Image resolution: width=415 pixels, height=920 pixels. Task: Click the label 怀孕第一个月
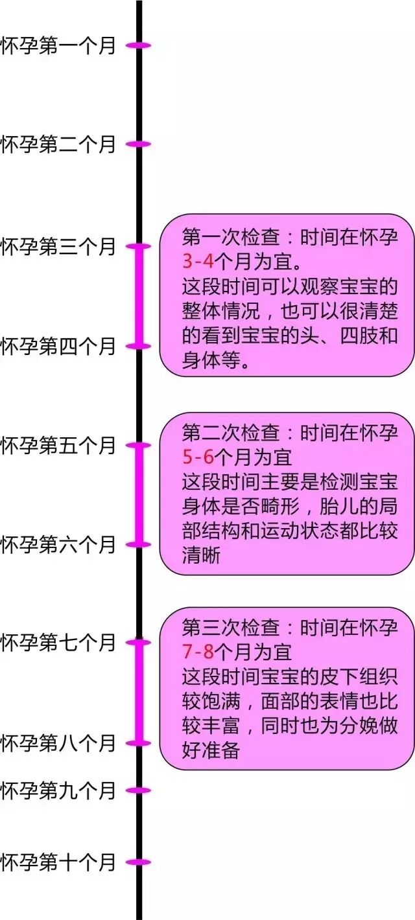tap(58, 46)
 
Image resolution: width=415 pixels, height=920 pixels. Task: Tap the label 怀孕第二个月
tap(58, 144)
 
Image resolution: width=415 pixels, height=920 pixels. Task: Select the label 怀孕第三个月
tap(58, 247)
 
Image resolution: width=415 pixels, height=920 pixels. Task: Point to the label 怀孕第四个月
tap(58, 346)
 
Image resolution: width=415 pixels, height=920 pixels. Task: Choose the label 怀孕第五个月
tap(58, 446)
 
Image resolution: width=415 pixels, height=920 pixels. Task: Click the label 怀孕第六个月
tap(58, 545)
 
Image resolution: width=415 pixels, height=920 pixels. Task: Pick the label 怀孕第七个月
tap(58, 643)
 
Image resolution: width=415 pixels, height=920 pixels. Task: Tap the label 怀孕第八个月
tap(58, 742)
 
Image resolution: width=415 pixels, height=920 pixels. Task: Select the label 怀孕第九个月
tap(58, 790)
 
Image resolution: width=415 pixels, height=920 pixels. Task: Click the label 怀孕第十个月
tap(58, 862)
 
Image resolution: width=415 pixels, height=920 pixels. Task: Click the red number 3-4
tap(198, 262)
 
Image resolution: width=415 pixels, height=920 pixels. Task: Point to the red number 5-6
tap(198, 457)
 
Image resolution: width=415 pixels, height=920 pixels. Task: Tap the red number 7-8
tap(198, 651)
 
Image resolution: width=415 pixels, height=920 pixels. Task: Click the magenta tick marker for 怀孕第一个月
tap(139, 45)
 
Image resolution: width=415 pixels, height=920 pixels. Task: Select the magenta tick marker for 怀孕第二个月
tap(139, 144)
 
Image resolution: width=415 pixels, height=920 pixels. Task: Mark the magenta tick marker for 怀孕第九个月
tap(139, 790)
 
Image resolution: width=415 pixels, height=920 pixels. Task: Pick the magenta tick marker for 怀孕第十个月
tap(139, 862)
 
